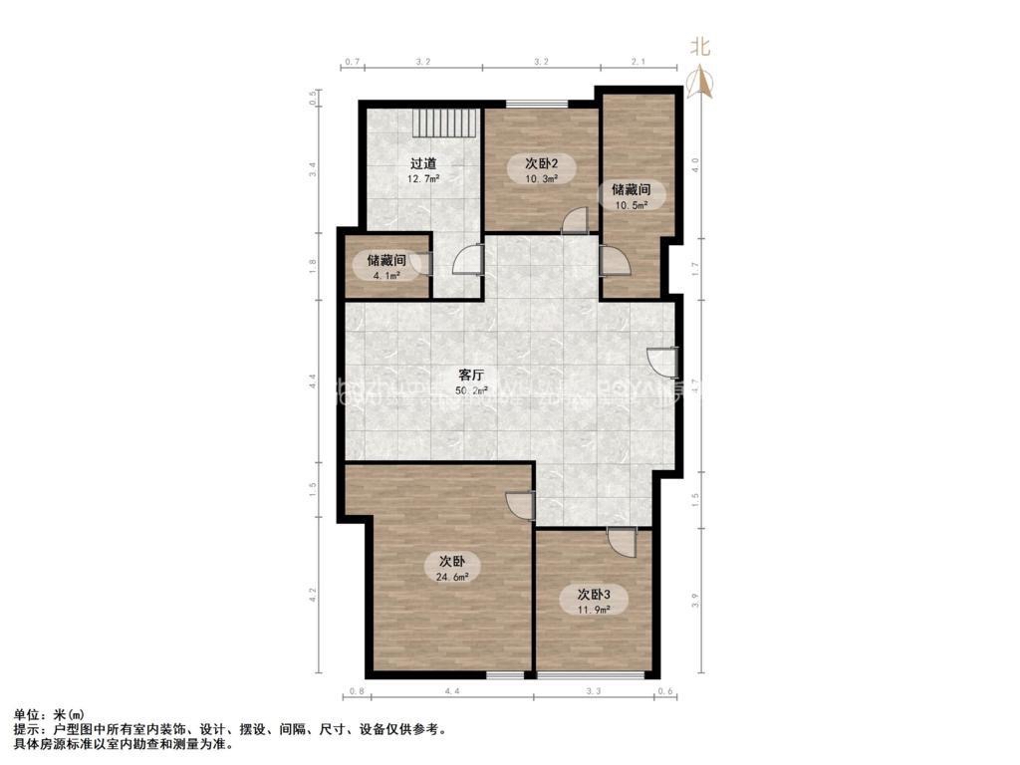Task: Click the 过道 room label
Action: [x=423, y=163]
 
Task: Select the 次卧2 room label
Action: [x=541, y=163]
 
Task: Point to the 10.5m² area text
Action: [x=630, y=204]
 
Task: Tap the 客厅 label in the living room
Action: [x=471, y=375]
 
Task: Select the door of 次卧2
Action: [x=575, y=221]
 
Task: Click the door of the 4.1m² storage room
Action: [x=422, y=263]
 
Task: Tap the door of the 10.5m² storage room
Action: [x=613, y=261]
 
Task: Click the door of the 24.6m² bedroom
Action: [x=520, y=505]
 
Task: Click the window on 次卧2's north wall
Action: [x=537, y=104]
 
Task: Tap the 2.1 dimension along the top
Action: [x=638, y=62]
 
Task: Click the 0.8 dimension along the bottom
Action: [x=358, y=691]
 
